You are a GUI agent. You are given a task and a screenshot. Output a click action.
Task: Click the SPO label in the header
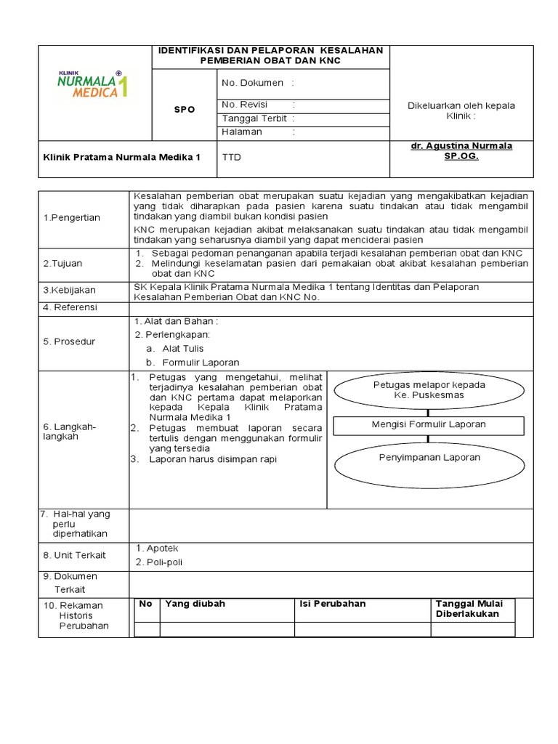tap(185, 109)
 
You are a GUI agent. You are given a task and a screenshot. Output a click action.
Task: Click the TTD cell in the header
tap(230, 157)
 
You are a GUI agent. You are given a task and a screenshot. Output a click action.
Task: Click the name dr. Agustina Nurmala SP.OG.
tap(461, 150)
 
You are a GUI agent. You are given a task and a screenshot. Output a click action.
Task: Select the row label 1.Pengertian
tap(70, 217)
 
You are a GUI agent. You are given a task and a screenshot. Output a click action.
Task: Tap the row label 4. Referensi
tap(70, 307)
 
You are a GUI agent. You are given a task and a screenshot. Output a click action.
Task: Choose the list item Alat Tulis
tap(182, 348)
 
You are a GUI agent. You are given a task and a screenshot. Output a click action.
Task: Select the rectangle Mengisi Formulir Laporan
tap(429, 424)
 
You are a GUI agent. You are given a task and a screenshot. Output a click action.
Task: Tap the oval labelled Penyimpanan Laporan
tap(429, 458)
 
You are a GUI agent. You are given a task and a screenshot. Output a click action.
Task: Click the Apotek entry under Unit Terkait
tap(161, 548)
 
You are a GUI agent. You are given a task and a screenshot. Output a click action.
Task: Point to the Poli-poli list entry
tap(163, 562)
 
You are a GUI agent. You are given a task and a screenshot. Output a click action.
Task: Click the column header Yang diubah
tap(195, 604)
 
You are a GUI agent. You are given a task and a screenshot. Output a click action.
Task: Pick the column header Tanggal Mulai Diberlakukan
tap(474, 609)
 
